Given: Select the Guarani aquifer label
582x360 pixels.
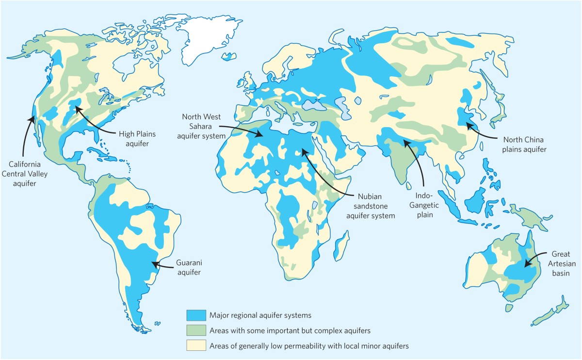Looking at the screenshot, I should [x=189, y=267].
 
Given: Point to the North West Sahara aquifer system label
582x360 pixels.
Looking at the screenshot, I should [x=201, y=127].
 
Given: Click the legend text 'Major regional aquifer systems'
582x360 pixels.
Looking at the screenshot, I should [x=259, y=315].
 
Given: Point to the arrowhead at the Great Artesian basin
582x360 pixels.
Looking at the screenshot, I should [x=525, y=265].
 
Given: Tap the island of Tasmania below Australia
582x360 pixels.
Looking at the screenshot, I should [x=509, y=308].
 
